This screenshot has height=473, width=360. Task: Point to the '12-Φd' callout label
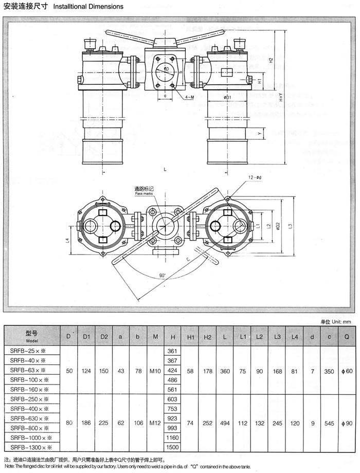256,177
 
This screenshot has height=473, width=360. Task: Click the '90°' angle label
163,276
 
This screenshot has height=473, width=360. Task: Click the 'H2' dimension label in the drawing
271,60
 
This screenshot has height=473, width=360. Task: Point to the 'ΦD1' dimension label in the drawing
230,97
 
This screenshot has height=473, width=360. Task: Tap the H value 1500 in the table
172,447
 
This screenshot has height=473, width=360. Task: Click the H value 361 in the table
172,350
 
